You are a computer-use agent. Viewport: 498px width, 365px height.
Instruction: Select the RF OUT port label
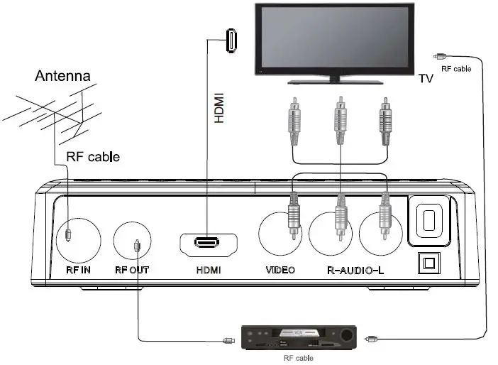point(132,270)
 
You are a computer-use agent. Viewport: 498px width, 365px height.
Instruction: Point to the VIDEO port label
point(280,270)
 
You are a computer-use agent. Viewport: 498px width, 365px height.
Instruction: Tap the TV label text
point(426,79)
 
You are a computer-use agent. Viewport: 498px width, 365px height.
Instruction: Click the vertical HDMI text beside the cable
point(219,108)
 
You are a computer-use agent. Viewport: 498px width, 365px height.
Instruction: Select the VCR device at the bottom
point(298,337)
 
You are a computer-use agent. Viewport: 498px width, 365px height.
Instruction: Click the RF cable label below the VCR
point(297,359)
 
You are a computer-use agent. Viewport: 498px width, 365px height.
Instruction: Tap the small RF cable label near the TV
point(455,69)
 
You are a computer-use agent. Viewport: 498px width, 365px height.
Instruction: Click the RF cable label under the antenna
point(92,156)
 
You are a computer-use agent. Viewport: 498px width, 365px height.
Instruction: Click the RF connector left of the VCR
point(228,340)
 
